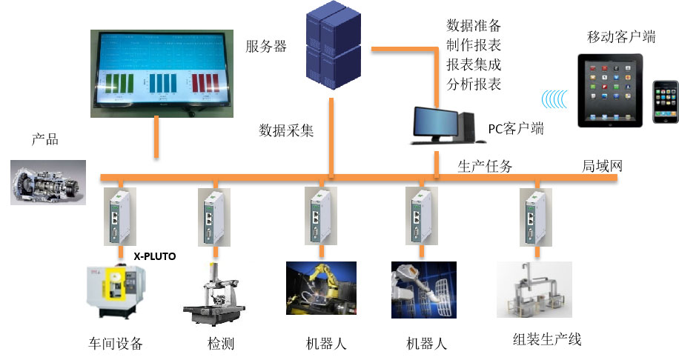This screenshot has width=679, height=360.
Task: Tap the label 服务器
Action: coord(266,46)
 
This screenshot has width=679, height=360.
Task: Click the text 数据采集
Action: coord(287,131)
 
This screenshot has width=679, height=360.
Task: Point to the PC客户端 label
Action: coord(516,129)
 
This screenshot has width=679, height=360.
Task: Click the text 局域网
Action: coord(601,166)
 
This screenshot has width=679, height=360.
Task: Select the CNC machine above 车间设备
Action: coord(116,296)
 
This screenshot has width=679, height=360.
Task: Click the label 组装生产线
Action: coord(547,339)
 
